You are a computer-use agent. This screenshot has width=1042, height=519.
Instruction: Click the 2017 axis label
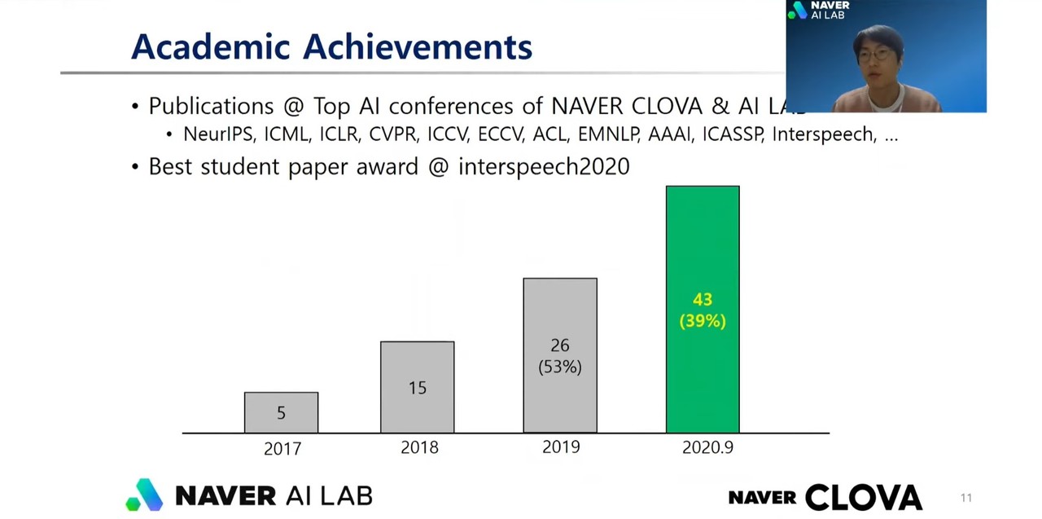point(282,448)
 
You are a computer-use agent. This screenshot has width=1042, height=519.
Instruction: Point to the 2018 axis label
point(419,447)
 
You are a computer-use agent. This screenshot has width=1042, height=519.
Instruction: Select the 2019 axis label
point(561,447)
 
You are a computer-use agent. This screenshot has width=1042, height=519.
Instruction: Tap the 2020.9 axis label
point(707,447)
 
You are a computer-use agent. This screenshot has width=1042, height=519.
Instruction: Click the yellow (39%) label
point(703,321)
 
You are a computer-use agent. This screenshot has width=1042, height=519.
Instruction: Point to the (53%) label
point(560,367)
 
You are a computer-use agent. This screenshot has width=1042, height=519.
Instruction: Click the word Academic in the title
point(211,46)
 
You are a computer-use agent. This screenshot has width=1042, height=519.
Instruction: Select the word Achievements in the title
point(418,46)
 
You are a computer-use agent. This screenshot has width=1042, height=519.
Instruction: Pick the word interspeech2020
point(544,167)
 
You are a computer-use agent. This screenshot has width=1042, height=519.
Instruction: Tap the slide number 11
point(966,498)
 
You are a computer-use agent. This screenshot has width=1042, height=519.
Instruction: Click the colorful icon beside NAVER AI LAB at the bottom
point(145,495)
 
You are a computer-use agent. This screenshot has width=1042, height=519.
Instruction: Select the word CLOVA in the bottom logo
point(864,497)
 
